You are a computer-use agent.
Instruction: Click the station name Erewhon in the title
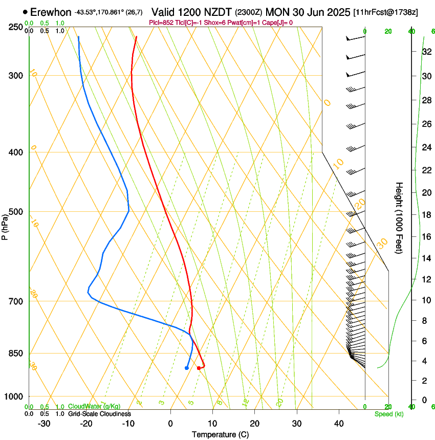[x=51, y=12]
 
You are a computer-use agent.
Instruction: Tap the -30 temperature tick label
[x=44, y=424]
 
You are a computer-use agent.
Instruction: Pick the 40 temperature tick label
[x=339, y=424]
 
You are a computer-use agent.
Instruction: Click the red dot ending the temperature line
[x=199, y=368]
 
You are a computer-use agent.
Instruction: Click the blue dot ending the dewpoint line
[x=186, y=368]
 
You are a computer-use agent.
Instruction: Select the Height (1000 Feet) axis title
[x=399, y=217]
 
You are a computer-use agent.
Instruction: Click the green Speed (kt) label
[x=388, y=414]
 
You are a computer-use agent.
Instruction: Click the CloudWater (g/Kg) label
[x=87, y=406]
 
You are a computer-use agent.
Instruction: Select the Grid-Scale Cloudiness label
[x=99, y=414]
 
